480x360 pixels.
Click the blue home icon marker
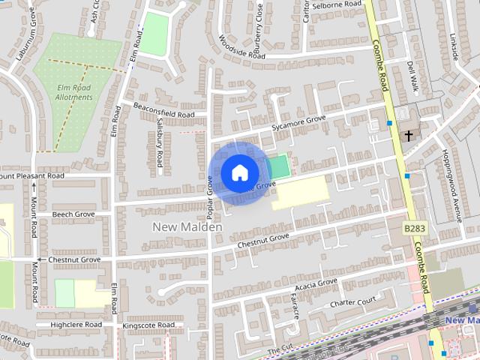[238, 172]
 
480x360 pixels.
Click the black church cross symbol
[409, 136]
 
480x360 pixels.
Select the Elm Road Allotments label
[74, 91]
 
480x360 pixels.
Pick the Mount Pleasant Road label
[34, 175]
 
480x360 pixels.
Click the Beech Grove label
[73, 214]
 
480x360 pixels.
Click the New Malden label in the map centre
[187, 226]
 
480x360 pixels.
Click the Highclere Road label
[76, 325]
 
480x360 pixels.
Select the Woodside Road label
[242, 47]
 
